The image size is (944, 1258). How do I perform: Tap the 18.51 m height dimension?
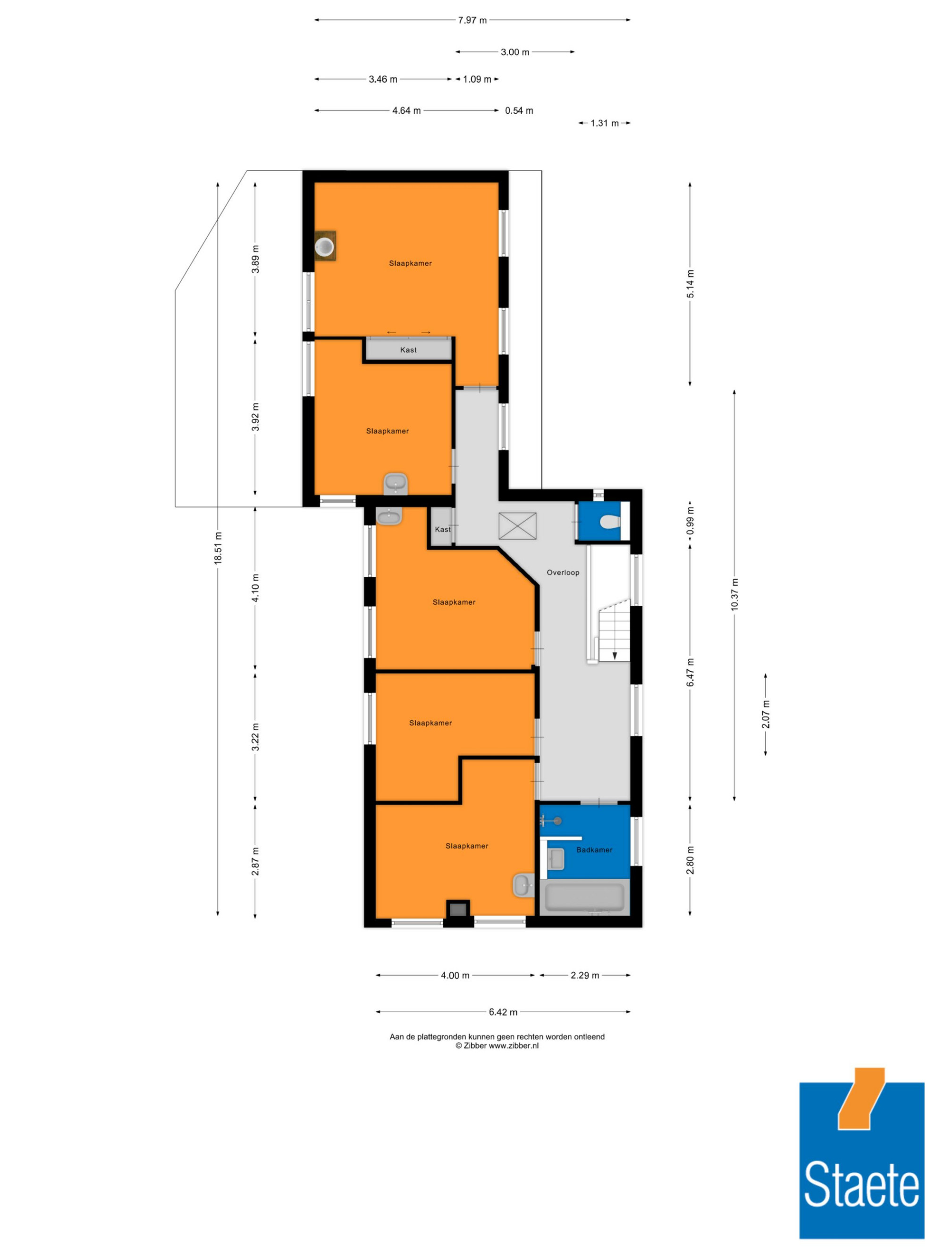tap(218, 548)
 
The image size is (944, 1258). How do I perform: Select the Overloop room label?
tap(563, 572)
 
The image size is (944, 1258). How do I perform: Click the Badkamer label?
tap(594, 850)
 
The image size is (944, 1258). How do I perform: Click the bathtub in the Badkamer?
tap(584, 897)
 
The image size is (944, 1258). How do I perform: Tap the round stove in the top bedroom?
tap(325, 246)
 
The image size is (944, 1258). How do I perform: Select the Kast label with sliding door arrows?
tap(408, 350)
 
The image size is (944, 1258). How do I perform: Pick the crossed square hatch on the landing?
tap(517, 525)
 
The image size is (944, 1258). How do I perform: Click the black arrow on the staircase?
tap(615, 656)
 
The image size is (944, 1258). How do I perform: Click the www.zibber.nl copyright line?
tap(497, 1045)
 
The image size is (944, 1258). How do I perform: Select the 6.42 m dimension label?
tap(503, 1012)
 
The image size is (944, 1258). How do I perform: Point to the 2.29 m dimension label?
tap(585, 975)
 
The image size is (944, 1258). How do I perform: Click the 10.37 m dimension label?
tap(734, 594)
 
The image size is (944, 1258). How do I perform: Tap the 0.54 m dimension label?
tap(519, 110)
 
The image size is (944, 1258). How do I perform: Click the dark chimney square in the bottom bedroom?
tap(458, 909)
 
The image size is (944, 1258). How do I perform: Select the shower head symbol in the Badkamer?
tap(551, 821)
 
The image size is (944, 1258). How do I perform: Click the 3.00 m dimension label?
tap(515, 52)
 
